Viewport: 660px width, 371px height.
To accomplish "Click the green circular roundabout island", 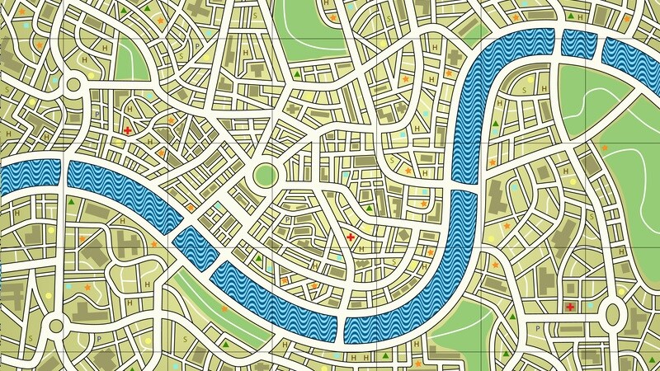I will [x=264, y=175].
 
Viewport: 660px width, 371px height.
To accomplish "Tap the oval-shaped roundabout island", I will [x=614, y=313].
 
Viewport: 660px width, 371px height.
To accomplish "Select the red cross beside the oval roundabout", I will [x=570, y=308].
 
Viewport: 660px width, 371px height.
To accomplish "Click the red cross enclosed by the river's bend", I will [x=350, y=237].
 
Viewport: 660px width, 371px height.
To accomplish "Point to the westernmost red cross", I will [x=127, y=130].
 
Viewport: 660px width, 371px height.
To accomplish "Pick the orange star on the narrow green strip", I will [x=222, y=307].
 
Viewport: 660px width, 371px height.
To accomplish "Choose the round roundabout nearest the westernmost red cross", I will [x=72, y=83].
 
